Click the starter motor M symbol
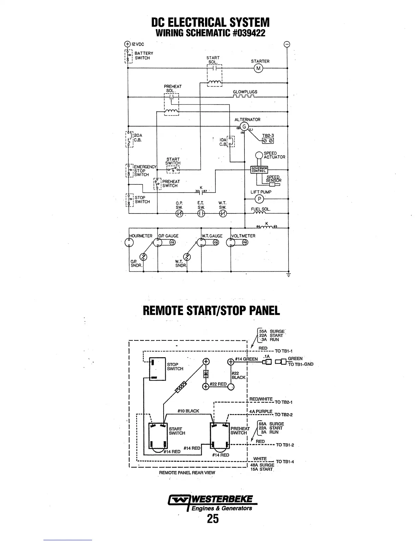[x=258, y=69]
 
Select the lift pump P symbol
[x=259, y=199]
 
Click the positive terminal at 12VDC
[x=127, y=44]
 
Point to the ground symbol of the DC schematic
[x=288, y=274]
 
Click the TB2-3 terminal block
[x=268, y=141]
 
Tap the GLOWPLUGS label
[x=245, y=92]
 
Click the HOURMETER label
[x=141, y=236]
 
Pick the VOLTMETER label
[x=243, y=236]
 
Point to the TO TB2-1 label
[x=283, y=402]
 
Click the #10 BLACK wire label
[x=188, y=411]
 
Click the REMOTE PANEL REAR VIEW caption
[x=187, y=473]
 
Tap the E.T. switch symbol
[x=201, y=214]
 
